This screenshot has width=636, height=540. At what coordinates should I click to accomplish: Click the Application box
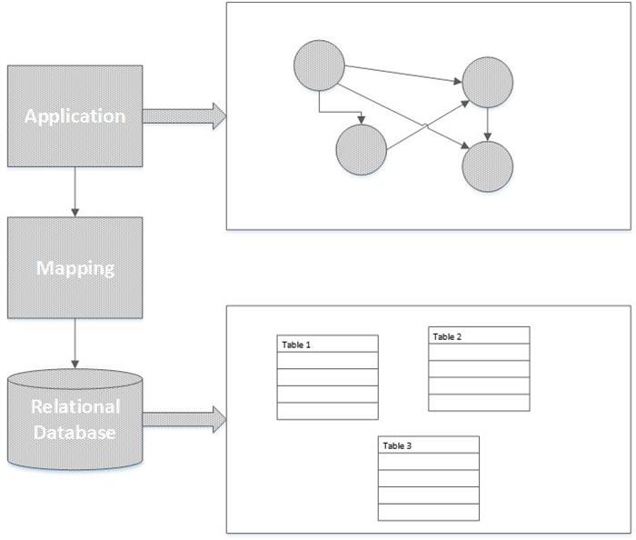point(75,116)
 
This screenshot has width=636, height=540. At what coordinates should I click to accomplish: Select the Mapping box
point(75,268)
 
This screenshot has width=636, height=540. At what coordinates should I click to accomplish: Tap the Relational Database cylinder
point(75,419)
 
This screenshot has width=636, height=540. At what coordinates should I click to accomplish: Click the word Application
point(75,116)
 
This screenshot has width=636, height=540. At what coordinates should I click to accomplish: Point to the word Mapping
point(75,268)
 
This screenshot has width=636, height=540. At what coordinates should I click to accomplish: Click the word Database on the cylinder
point(75,433)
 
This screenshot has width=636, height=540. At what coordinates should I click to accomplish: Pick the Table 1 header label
point(296,345)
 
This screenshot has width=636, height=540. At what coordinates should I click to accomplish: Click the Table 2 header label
point(447,336)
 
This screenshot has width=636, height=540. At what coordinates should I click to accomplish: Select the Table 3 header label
point(397,445)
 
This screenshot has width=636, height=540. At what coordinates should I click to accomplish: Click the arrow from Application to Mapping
point(75,192)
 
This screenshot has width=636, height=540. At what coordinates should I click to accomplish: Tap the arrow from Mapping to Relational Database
point(75,344)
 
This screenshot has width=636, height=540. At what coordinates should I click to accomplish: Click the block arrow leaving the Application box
point(184,116)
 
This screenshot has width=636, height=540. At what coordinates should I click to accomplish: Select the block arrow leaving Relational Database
point(184,419)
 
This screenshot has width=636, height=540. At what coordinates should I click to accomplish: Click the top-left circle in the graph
point(319,65)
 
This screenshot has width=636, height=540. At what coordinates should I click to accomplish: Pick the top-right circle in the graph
point(488,83)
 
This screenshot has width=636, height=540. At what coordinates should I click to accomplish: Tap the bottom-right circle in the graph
point(488,166)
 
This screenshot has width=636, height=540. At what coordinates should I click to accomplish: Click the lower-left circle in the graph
point(361,150)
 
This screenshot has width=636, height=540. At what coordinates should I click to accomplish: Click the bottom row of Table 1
point(328,411)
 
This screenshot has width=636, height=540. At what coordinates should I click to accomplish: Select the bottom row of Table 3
point(429,512)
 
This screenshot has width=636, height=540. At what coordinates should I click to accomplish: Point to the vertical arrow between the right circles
point(488,125)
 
